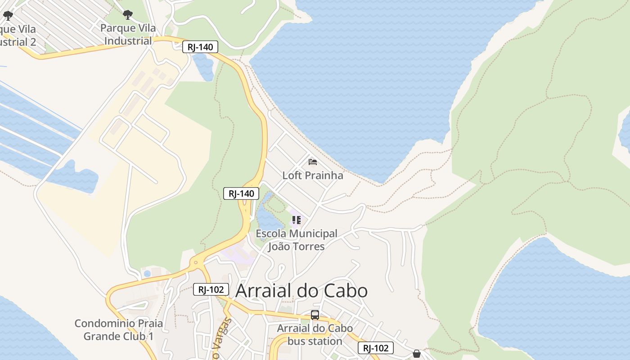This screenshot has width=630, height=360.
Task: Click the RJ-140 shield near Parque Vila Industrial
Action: (200, 47)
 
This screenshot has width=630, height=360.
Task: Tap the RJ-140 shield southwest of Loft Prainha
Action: (241, 193)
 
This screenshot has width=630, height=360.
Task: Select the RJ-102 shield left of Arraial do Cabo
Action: (211, 289)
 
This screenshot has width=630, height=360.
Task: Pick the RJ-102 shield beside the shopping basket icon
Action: (376, 348)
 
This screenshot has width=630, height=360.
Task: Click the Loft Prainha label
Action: (312, 175)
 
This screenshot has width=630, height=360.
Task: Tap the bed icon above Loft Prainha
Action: (313, 162)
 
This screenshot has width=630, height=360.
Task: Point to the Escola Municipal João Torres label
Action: (297, 240)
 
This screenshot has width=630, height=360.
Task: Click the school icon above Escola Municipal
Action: (296, 220)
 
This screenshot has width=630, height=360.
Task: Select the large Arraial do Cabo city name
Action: (301, 291)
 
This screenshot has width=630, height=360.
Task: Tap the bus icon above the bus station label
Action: (315, 315)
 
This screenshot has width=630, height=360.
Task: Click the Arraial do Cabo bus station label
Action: (315, 335)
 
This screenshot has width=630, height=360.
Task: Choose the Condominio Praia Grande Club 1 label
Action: (119, 330)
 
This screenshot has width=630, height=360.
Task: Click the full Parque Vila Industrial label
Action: (128, 35)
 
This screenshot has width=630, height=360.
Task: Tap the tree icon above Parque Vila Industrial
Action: (128, 15)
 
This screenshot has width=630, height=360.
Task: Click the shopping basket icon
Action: (417, 354)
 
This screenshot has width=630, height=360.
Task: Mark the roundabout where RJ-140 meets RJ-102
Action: (195, 261)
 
